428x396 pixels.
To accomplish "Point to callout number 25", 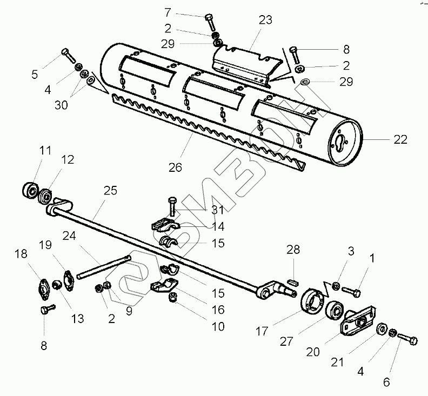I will (110, 190).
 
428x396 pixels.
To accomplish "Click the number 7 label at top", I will (168, 12).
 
